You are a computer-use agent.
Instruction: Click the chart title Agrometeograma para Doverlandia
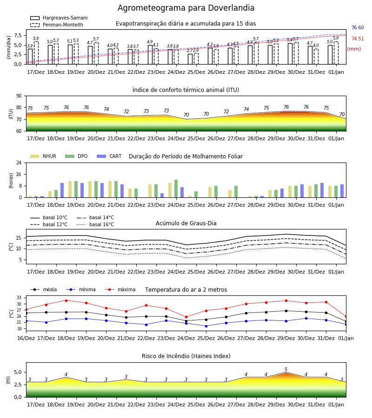coord(186,8)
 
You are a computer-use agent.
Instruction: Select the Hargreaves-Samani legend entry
coord(59,18)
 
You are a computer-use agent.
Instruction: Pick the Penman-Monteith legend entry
coord(57,25)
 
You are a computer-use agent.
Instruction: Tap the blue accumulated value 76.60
coord(358,28)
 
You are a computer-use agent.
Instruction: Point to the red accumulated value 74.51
coord(358,39)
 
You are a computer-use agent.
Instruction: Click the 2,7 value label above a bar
coord(190,51)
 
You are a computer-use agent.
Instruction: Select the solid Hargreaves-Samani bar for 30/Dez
coord(290,53)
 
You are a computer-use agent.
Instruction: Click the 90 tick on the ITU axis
coord(19,96)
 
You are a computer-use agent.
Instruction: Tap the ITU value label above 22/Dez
coord(126,111)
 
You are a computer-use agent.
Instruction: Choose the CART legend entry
coord(109,156)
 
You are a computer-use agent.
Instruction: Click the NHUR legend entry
coord(43,156)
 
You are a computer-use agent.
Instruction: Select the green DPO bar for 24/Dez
coord(176,189)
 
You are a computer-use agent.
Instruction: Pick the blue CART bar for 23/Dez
coord(162,196)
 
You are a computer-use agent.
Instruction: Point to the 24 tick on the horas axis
coord(19,163)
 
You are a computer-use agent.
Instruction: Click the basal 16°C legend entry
coord(95,224)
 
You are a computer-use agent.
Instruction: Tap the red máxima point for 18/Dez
coord(66,300)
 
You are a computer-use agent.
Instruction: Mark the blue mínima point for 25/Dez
coord(206,326)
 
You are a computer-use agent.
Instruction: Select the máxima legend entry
coord(120,289)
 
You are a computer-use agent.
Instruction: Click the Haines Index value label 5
coord(286,370)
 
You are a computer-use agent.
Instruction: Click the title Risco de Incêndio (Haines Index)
coord(186,356)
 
